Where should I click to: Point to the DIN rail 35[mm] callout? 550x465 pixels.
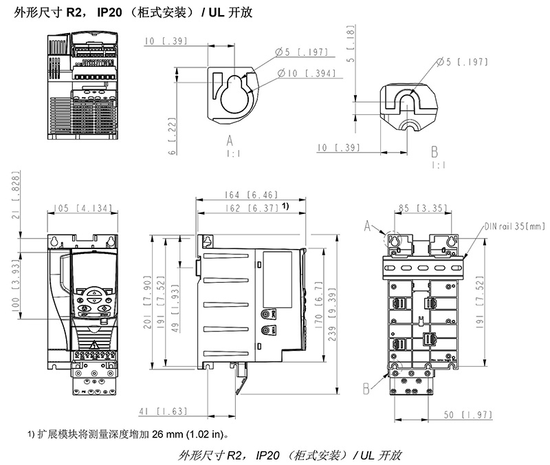point(514,225)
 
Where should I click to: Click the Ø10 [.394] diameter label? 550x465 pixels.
point(303,74)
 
